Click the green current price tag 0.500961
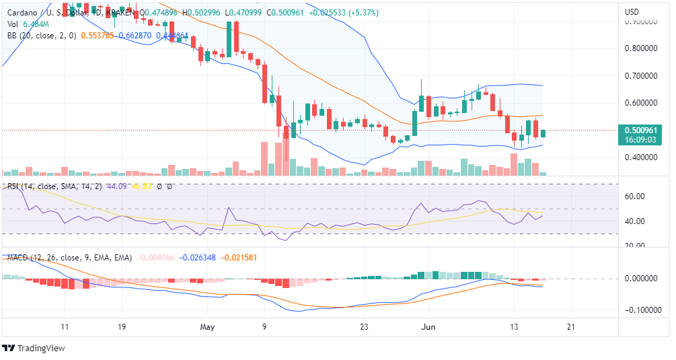click(645, 131)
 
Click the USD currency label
click(632, 12)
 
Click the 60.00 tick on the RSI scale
click(636, 196)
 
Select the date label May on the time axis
click(206, 326)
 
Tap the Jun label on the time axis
click(428, 326)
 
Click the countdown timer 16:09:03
click(645, 141)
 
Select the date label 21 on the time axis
click(570, 326)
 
